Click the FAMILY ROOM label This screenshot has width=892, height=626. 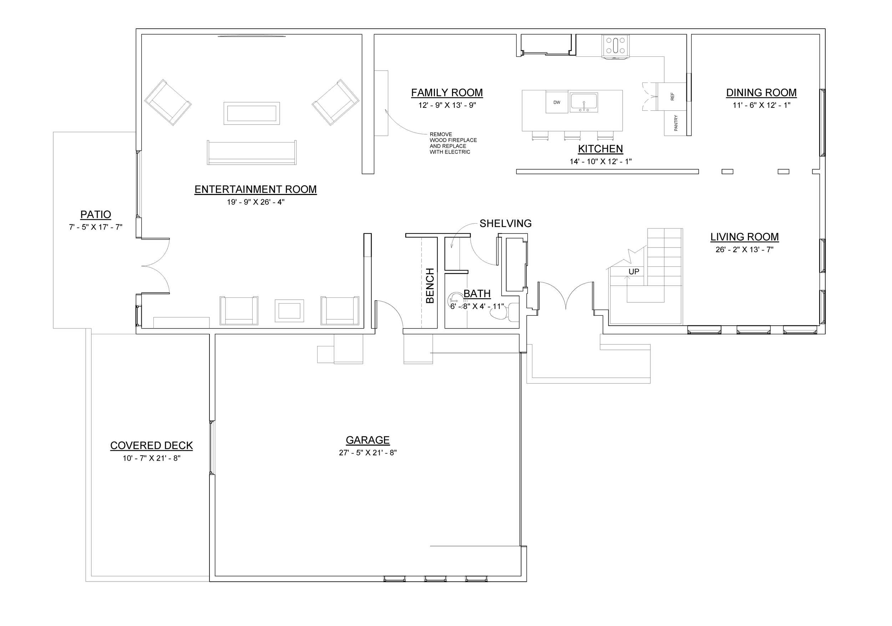coord(447,92)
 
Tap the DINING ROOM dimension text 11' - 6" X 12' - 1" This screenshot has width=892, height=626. coord(761,105)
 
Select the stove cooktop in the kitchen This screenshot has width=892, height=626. coord(615,45)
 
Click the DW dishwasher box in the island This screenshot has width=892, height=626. coord(557,102)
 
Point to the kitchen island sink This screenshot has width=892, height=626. coord(583,102)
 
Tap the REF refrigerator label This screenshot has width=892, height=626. coord(673,96)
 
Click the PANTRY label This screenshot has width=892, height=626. coord(676,123)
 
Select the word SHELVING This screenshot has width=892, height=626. coord(505,224)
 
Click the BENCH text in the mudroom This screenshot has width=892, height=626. coord(430,285)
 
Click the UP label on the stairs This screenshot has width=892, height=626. coord(634,271)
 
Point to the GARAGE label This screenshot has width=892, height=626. coord(368,440)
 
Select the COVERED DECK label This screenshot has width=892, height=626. coord(152,446)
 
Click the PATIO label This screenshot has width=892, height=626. coord(96,215)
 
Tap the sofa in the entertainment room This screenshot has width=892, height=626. coord(252,152)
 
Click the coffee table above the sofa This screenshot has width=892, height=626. coord(252,113)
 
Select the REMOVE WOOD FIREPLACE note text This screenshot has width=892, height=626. coord(453,143)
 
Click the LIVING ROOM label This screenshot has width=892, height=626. coord(744,237)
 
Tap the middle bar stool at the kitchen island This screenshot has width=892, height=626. coord(572,135)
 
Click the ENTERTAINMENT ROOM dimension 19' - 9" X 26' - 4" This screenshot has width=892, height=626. coord(255,202)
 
